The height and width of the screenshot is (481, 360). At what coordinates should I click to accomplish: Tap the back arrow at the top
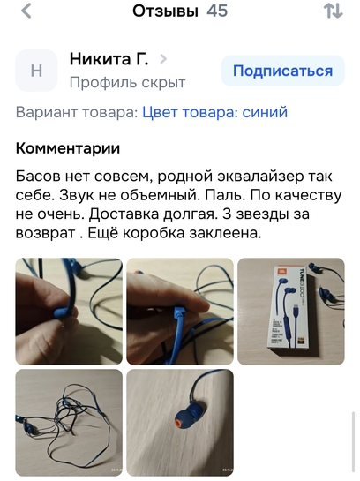point(26,11)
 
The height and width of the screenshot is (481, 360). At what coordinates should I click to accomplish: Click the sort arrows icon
point(334,11)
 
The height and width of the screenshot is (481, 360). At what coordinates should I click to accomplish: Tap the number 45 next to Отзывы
point(217,11)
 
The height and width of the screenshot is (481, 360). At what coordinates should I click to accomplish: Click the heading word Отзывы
point(165,11)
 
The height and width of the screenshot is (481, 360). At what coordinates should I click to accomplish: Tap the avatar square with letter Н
point(36,71)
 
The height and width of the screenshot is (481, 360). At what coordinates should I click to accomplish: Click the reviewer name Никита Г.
point(109,58)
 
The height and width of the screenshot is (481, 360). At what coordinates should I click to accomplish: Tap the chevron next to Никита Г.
point(163,58)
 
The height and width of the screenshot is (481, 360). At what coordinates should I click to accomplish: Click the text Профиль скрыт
point(127,82)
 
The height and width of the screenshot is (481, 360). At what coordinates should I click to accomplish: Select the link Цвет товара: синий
point(215,112)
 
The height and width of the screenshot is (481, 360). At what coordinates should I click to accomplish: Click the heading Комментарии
point(68,148)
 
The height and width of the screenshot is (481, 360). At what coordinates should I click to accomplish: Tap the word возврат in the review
point(45,234)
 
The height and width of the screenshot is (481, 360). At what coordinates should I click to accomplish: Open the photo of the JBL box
point(291,312)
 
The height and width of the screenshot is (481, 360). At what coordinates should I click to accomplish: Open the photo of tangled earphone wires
point(69,423)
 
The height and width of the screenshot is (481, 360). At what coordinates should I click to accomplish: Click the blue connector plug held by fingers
point(180,314)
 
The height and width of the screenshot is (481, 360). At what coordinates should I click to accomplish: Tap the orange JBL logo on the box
point(281,272)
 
